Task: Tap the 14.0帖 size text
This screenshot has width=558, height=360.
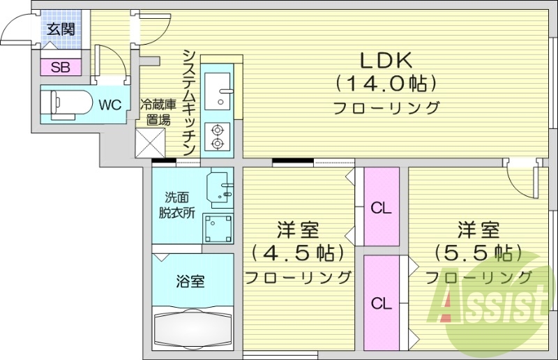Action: pos(386,84)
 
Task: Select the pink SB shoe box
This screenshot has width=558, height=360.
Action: pos(61,68)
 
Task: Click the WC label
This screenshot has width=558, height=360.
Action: pos(110,105)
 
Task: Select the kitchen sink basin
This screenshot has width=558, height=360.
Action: pos(219,89)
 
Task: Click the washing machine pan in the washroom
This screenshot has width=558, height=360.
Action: pos(219,227)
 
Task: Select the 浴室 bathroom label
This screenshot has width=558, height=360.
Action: pos(190,282)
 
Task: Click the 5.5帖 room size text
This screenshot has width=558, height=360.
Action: pos(478,251)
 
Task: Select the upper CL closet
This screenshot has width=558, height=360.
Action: pos(381,207)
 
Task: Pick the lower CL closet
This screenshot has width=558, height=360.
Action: pos(381,303)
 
